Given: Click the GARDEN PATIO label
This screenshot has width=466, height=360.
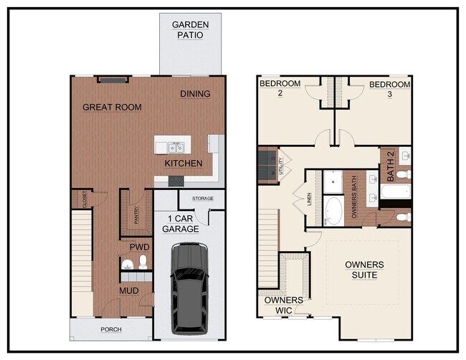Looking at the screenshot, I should (x=189, y=29).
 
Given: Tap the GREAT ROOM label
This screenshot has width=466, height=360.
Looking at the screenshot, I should (x=112, y=108).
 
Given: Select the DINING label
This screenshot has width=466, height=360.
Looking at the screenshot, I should (x=195, y=94).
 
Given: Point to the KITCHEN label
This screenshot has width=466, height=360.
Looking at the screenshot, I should (x=184, y=164).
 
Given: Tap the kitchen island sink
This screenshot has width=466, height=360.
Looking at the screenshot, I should (x=176, y=148).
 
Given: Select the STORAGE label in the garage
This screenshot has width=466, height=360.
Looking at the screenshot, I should (x=203, y=199).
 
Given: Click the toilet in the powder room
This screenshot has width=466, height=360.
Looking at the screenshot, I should (x=143, y=262).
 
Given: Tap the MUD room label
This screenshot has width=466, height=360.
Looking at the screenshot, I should (x=129, y=291).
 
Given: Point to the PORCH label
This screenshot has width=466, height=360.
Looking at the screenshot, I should (x=110, y=330).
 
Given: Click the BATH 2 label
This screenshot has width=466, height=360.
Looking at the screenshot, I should (x=391, y=164).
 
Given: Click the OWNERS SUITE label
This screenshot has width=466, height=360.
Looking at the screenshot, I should (x=364, y=270).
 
